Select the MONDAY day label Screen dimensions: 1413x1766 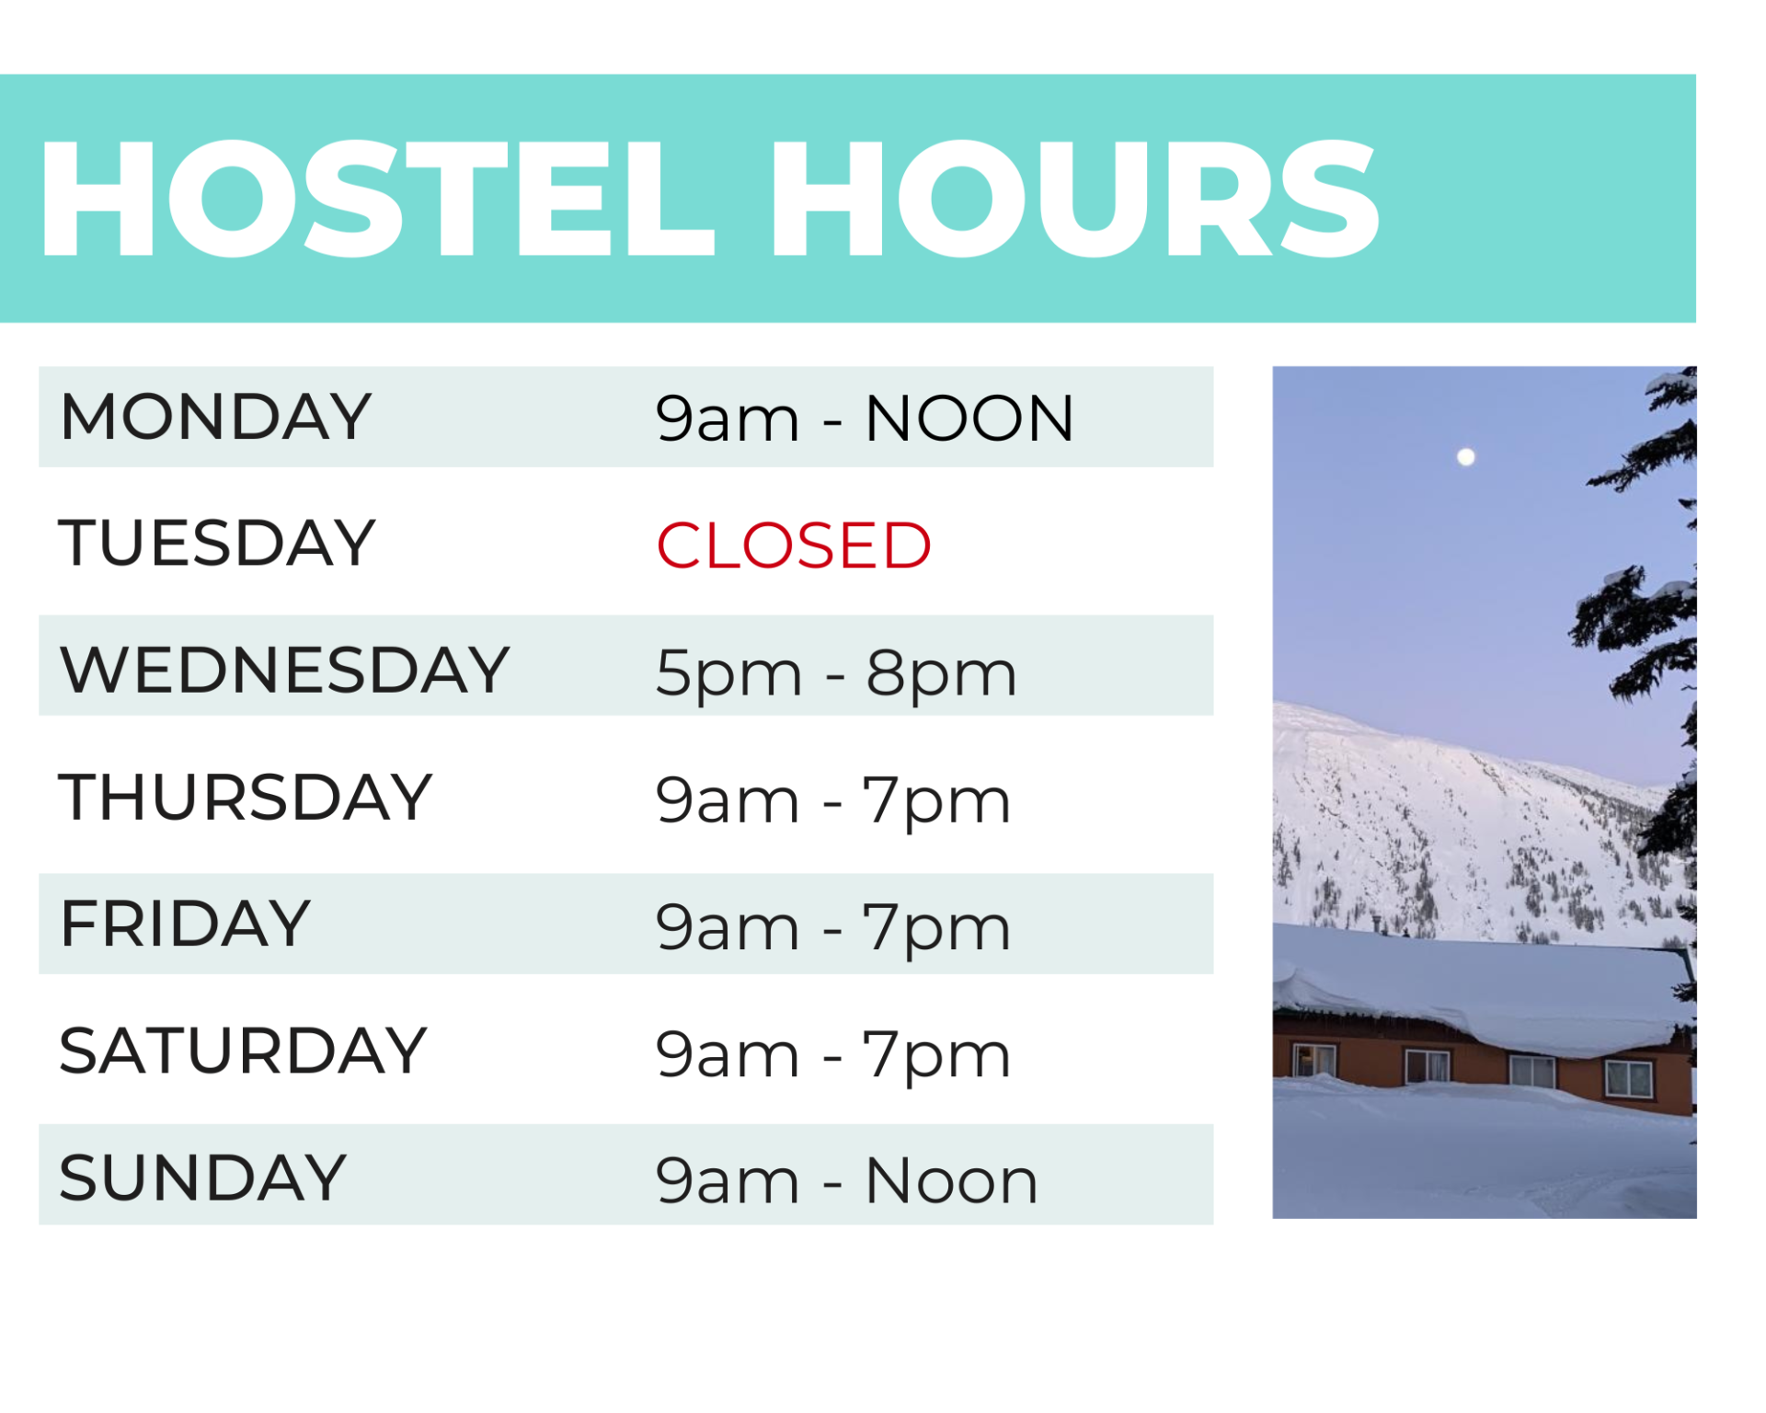tap(215, 417)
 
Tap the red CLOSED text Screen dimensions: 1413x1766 tap(793, 546)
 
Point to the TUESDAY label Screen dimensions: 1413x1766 tap(217, 543)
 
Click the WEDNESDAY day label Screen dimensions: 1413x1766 tap(284, 669)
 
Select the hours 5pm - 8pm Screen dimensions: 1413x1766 tap(835, 672)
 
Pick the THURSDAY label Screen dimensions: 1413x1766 tap(245, 797)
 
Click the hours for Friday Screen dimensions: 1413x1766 tap(832, 926)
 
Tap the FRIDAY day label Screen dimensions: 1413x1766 tap(185, 924)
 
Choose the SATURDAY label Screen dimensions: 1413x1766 tap(243, 1051)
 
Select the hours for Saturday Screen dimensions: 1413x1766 tap(832, 1054)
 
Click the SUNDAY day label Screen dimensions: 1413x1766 tap(202, 1177)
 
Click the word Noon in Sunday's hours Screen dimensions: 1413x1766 tap(951, 1180)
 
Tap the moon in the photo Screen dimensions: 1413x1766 tap(1466, 456)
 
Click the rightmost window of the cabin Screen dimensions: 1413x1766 tap(1628, 1078)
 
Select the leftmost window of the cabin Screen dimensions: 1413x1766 tap(1313, 1060)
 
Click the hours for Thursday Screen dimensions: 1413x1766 tap(832, 799)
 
